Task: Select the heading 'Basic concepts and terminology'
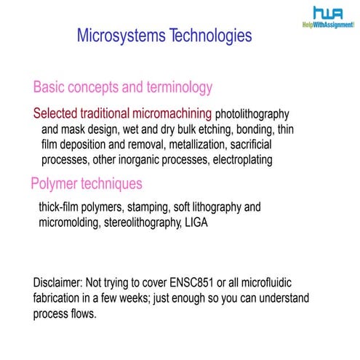tap(123, 88)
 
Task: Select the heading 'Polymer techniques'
tap(87, 183)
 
